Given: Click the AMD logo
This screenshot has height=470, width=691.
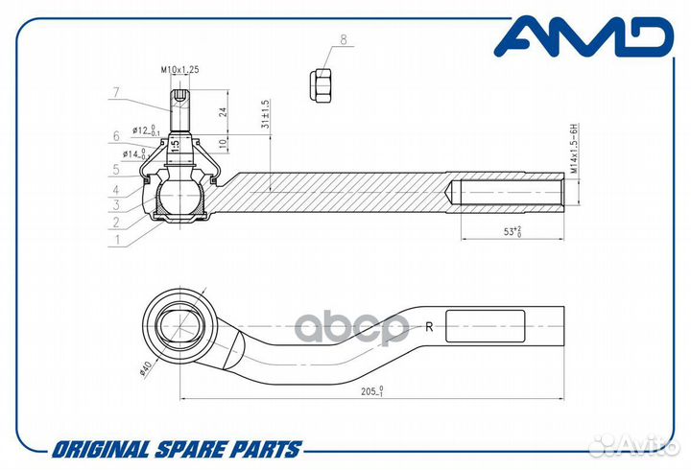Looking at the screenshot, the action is [584, 37].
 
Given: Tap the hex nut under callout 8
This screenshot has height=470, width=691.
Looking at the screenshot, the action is [322, 86].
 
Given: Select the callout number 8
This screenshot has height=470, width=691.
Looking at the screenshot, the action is [344, 39].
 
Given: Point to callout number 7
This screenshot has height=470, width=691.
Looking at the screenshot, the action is [116, 92].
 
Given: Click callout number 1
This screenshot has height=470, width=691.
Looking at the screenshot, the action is [117, 240].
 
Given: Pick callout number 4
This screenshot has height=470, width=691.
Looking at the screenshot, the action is [116, 190].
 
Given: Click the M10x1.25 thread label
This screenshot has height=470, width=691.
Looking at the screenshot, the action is [179, 69].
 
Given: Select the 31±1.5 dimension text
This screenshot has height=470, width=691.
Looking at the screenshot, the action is [265, 114].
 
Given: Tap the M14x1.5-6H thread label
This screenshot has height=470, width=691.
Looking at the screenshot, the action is [573, 149].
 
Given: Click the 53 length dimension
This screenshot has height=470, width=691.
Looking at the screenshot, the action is [512, 231].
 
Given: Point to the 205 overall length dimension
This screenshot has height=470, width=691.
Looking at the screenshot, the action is [372, 390].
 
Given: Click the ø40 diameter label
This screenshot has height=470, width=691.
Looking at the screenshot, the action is [145, 367].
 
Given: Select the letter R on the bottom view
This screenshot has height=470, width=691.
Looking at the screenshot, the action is [429, 327].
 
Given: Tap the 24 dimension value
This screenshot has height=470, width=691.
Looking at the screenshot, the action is [223, 112].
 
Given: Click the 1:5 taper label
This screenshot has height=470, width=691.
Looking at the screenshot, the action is [175, 145].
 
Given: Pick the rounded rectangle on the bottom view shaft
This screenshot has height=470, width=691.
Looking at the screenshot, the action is [486, 326].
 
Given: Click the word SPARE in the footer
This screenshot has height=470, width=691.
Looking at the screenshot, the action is [189, 449].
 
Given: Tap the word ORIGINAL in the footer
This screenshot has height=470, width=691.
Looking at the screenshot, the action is [101, 449].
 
